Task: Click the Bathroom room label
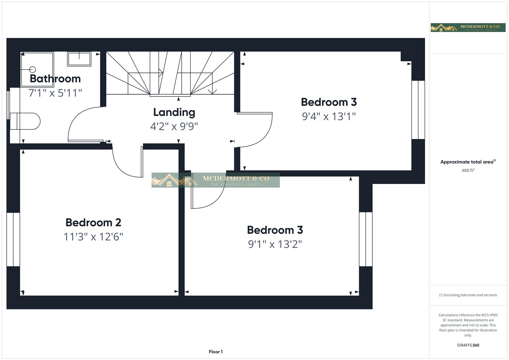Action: (x=55, y=79)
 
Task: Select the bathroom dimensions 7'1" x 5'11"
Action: (x=55, y=93)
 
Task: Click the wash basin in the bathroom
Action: (x=79, y=59)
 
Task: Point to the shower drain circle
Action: (x=33, y=69)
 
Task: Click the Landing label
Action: (x=174, y=112)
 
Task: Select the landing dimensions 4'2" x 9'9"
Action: (x=174, y=127)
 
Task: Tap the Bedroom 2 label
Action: (x=93, y=222)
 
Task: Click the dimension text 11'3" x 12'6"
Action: (x=93, y=237)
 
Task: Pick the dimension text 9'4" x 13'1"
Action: (x=329, y=117)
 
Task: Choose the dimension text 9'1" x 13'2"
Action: (x=275, y=244)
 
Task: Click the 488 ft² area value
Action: (x=468, y=170)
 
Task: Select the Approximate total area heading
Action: (x=468, y=162)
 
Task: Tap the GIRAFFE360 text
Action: (x=468, y=345)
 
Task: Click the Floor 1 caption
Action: (x=216, y=352)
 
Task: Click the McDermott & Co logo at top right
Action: (x=468, y=27)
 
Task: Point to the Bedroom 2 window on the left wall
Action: (x=13, y=239)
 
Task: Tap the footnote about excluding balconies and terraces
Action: (x=468, y=295)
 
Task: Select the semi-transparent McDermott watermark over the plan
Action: (x=216, y=180)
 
